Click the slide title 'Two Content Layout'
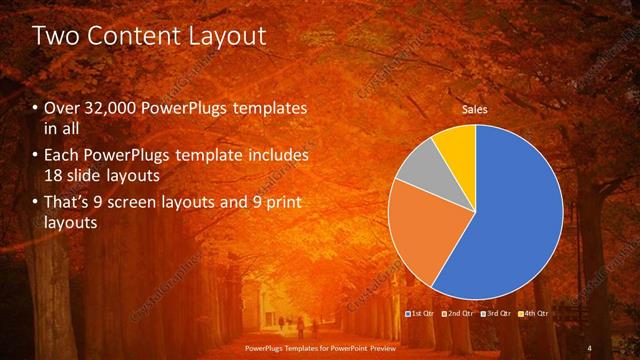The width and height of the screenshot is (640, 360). click(150, 37)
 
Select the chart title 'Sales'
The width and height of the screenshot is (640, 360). click(474, 110)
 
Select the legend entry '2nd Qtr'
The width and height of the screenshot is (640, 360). click(458, 314)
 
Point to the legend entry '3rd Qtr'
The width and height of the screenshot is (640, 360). click(496, 314)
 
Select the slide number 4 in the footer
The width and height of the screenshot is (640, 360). click(589, 347)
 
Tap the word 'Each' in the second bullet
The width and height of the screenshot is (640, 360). click(64, 156)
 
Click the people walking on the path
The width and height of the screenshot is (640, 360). click(290, 325)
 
